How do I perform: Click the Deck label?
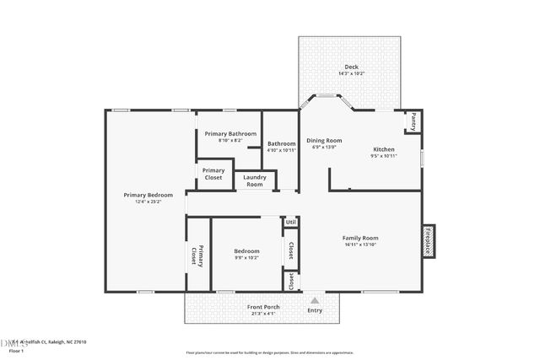pyautogui.click(x=351, y=67)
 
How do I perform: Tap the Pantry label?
pyautogui.click(x=413, y=121)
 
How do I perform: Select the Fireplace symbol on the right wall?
pyautogui.click(x=428, y=240)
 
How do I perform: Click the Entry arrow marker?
pyautogui.click(x=315, y=299)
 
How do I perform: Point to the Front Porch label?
pyautogui.click(x=261, y=306)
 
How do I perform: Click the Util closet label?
pyautogui.click(x=289, y=222)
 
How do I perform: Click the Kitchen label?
pyautogui.click(x=384, y=149)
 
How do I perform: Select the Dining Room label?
pyautogui.click(x=324, y=140)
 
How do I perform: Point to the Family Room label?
pyautogui.click(x=359, y=238)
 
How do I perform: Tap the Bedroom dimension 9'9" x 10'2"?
pyautogui.click(x=246, y=257)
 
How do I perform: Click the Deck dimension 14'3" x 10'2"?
pyautogui.click(x=351, y=73)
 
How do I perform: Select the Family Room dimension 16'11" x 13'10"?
pyautogui.click(x=359, y=244)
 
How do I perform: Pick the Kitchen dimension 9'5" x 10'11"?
pyautogui.click(x=384, y=156)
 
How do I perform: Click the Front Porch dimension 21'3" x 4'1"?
pyautogui.click(x=261, y=313)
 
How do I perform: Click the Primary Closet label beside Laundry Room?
pyautogui.click(x=213, y=174)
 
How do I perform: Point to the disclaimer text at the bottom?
pyautogui.click(x=270, y=352)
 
